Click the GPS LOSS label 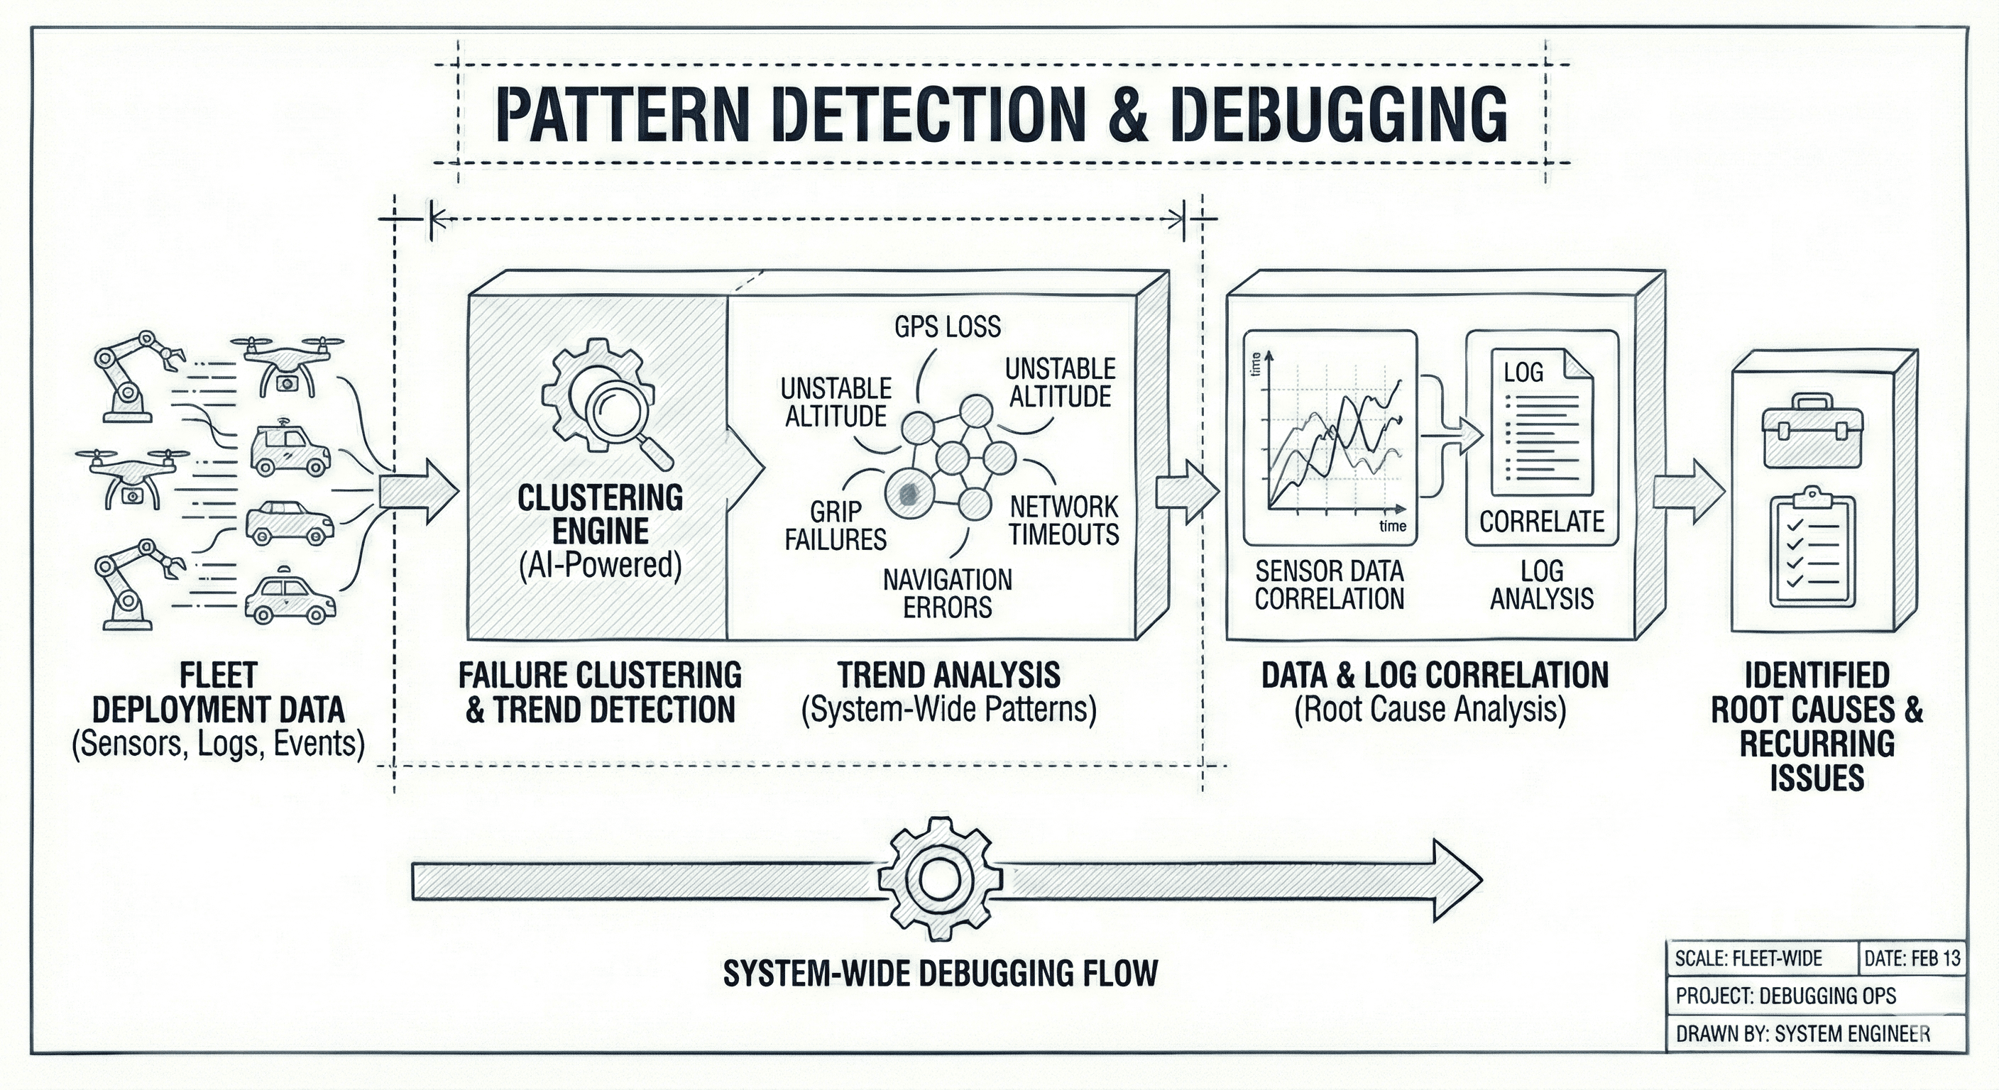[x=947, y=326]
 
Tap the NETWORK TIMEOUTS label [x=1064, y=521]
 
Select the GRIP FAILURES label [x=835, y=525]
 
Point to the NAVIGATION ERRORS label [x=947, y=593]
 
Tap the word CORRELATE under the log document [x=1541, y=522]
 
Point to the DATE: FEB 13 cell [x=1911, y=958]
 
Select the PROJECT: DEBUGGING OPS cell [x=1785, y=996]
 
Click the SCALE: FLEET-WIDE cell [x=1748, y=958]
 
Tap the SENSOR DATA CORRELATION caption [x=1330, y=585]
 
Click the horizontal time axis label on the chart [x=1392, y=526]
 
